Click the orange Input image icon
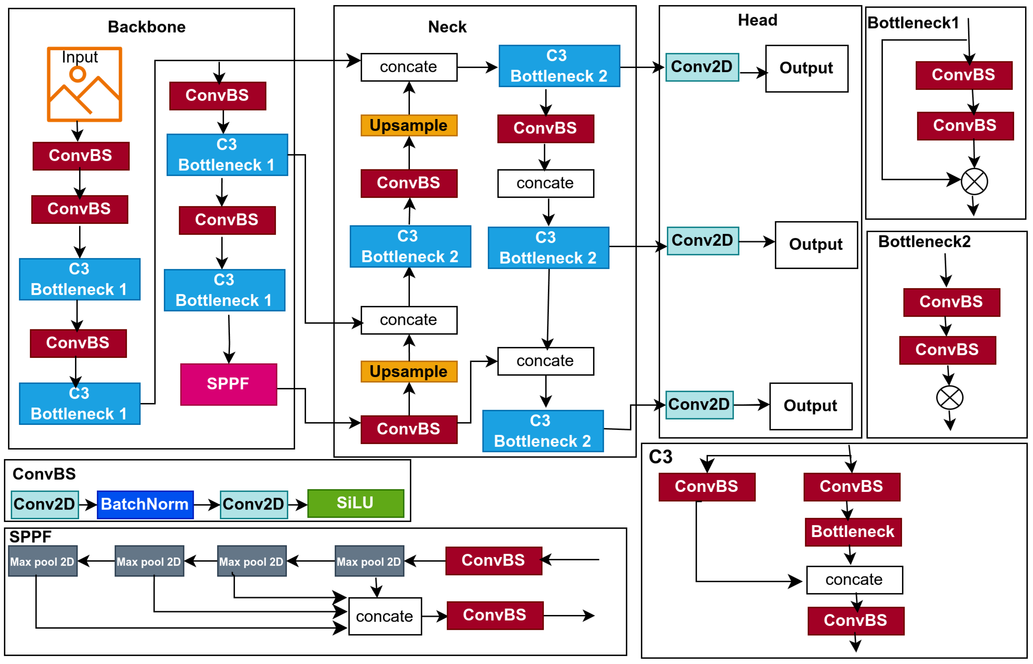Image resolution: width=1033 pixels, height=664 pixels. coord(84,84)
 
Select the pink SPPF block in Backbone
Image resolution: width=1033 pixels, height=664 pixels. coord(228,384)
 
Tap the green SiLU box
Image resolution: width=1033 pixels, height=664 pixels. coord(356,503)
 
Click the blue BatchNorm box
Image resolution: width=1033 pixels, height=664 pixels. coord(145,504)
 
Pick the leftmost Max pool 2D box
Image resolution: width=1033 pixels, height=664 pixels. coord(43,561)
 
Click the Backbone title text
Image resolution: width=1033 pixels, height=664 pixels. coord(146,27)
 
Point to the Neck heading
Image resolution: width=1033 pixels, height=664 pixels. coord(447,27)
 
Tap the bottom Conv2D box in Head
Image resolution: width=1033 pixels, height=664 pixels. coord(699,404)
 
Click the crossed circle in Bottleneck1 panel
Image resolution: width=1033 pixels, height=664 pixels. coord(974,182)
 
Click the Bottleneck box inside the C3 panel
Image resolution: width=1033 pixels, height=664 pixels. coord(853,532)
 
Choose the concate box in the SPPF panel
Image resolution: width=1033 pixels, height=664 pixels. coord(385,616)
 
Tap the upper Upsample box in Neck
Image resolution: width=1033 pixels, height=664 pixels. coord(409,125)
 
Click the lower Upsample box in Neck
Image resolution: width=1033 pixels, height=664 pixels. coord(409,372)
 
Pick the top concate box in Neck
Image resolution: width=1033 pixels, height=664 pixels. coord(409,67)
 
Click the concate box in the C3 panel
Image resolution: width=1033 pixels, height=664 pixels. coord(854,580)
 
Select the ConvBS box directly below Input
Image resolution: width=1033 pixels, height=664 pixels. coord(81,156)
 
